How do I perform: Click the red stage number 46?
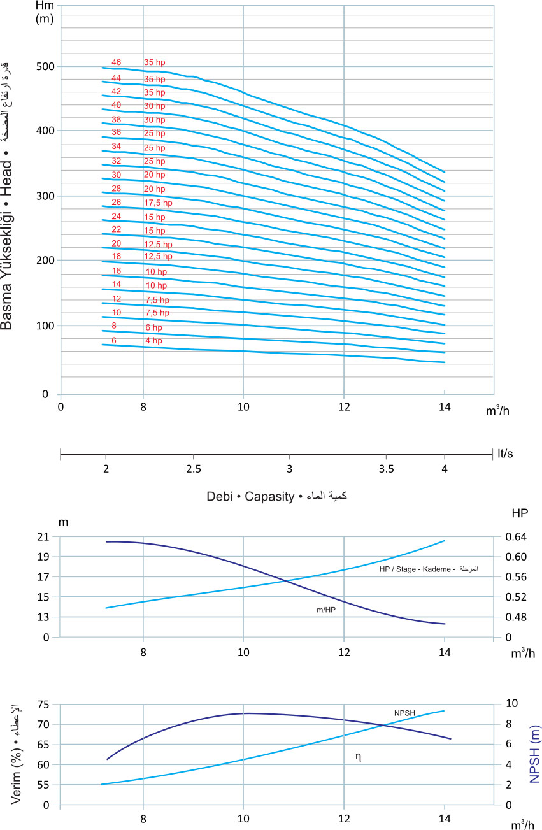[116, 62]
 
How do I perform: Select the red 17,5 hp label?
[158, 203]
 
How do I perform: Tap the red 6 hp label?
[153, 327]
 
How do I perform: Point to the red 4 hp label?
[153, 341]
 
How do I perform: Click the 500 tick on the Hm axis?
[46, 66]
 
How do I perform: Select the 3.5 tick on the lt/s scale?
[386, 469]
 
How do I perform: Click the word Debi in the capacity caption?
[220, 496]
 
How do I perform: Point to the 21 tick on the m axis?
[43, 536]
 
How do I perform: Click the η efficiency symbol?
[359, 755]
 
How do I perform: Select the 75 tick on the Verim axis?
[43, 704]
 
